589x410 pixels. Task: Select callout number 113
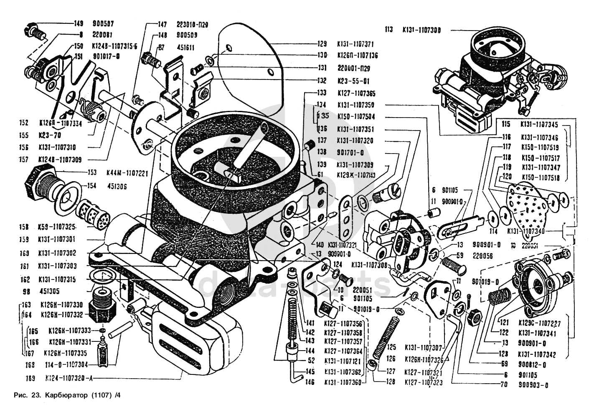(x=389, y=30)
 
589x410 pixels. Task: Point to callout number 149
(x=79, y=23)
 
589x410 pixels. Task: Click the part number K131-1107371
(x=355, y=44)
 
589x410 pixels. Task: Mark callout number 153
(x=92, y=172)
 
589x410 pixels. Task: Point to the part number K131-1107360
(x=343, y=382)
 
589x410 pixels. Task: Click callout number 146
(x=310, y=382)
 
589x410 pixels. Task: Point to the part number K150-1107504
(x=355, y=117)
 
